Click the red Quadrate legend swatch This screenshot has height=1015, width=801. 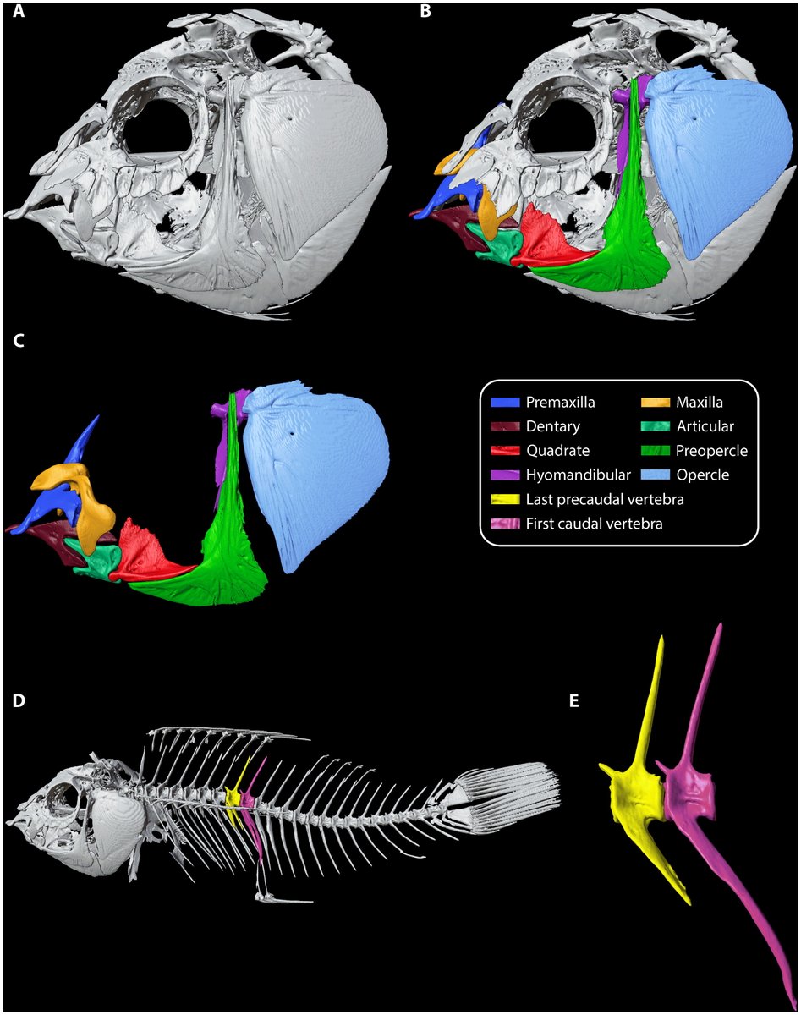(505, 451)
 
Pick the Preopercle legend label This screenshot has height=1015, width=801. (710, 451)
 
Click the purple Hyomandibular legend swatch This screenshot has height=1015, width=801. (505, 475)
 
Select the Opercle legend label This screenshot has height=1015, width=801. (703, 475)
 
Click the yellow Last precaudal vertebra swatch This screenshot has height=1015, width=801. (505, 500)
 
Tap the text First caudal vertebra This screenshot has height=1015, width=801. (593, 524)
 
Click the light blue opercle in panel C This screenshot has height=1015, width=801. (326, 474)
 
